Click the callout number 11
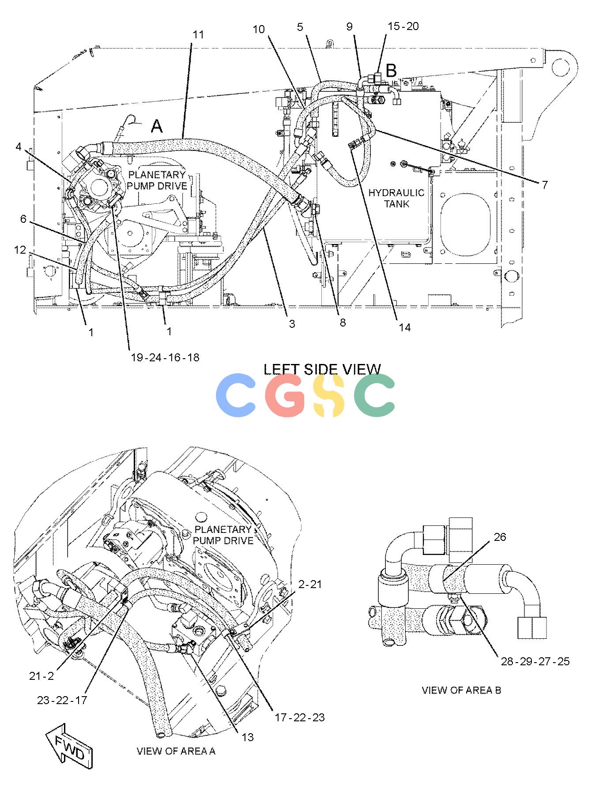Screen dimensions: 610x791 pyautogui.click(x=199, y=34)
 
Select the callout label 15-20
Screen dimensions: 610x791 pyautogui.click(x=403, y=26)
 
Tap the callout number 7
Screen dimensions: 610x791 pyautogui.click(x=545, y=185)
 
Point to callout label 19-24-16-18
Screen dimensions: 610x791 pyautogui.click(x=165, y=357)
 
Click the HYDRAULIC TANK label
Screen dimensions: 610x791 pyautogui.click(x=396, y=198)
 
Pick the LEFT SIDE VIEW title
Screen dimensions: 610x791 pyautogui.click(x=322, y=369)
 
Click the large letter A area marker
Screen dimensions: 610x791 pyautogui.click(x=157, y=127)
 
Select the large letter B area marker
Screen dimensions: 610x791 pyautogui.click(x=391, y=70)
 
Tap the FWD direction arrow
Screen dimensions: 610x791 pyautogui.click(x=69, y=746)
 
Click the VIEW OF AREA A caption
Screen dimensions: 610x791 pyautogui.click(x=176, y=751)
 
